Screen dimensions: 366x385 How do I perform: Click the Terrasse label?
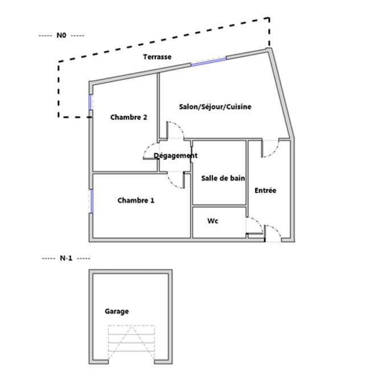(x=157, y=57)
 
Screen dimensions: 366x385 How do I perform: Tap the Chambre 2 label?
(x=129, y=117)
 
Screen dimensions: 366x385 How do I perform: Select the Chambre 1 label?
(x=136, y=200)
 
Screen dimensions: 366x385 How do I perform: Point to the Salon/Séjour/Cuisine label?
(x=215, y=107)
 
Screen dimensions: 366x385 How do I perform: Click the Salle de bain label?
(x=223, y=178)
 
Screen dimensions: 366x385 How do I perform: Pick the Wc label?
(x=213, y=221)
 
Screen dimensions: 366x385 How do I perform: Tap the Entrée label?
(x=265, y=191)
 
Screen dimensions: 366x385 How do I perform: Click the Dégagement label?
(x=175, y=155)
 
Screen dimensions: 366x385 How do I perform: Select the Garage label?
(x=117, y=311)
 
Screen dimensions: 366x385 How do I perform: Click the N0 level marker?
(x=61, y=35)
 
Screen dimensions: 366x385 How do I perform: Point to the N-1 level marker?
(x=66, y=258)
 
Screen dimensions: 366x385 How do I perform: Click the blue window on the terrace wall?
(x=208, y=61)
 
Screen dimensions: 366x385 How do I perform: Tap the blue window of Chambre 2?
(x=91, y=102)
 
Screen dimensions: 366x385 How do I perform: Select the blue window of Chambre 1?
(x=91, y=201)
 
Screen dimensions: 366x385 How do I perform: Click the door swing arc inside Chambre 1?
(x=176, y=180)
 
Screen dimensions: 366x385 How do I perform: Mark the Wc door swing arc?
(x=254, y=225)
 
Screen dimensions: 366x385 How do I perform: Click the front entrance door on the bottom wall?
(x=273, y=233)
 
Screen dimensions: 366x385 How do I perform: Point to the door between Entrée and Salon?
(x=270, y=148)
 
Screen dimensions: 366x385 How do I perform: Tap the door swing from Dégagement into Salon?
(x=175, y=130)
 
